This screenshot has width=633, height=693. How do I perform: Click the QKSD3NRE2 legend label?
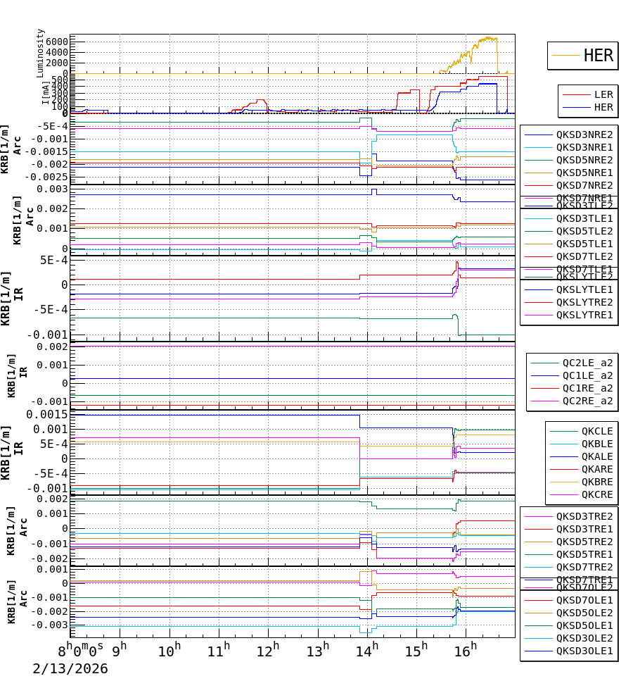(584, 135)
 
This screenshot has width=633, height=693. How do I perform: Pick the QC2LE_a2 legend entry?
(587, 363)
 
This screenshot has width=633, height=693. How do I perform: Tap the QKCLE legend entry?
(597, 431)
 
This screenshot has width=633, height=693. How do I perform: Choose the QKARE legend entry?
(597, 469)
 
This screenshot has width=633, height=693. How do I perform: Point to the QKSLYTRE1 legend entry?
(584, 315)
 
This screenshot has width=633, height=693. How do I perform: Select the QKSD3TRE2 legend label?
(584, 516)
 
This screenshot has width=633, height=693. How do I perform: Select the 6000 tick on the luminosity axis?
(55, 42)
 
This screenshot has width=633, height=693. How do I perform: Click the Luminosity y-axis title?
(41, 53)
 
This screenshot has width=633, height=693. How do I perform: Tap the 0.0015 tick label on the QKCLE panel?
(48, 414)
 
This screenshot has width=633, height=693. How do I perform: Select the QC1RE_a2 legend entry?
(587, 389)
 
